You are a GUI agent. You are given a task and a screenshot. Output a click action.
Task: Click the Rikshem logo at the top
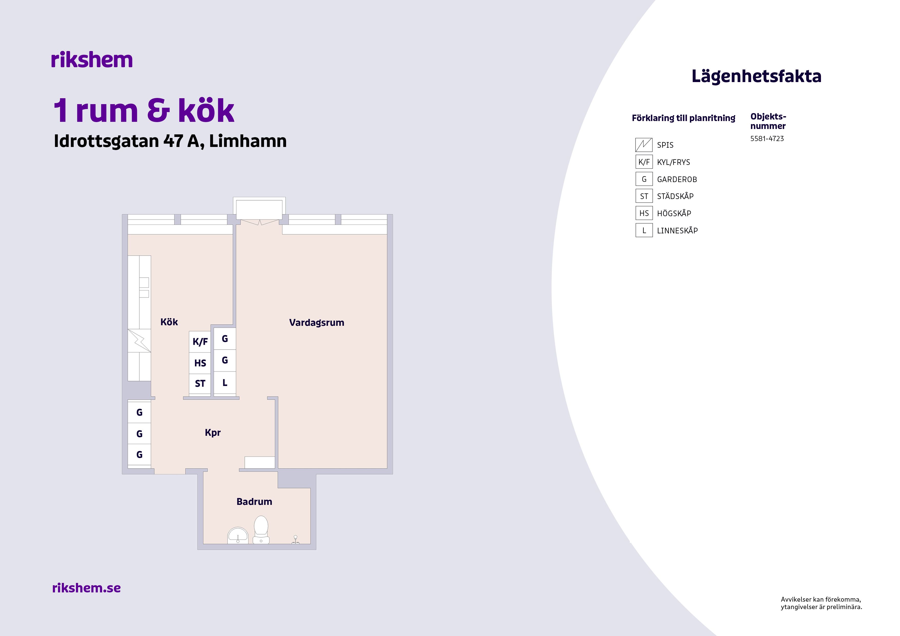coord(92,60)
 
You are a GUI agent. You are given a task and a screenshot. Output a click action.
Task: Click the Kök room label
coord(169,322)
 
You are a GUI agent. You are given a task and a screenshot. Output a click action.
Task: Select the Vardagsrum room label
coord(317,323)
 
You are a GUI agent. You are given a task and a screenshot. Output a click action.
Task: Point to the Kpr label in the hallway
coord(213,433)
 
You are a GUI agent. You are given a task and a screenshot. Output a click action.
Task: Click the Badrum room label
coord(255,502)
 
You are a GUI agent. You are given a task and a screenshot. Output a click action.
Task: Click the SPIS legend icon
coord(644,145)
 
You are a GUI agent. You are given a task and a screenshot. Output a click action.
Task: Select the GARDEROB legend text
coord(677,180)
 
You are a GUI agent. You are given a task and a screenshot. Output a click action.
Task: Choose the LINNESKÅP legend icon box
coord(644,230)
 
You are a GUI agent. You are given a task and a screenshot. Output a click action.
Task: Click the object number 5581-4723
coord(767,139)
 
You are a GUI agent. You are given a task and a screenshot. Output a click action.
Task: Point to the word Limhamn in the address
coord(248,141)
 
